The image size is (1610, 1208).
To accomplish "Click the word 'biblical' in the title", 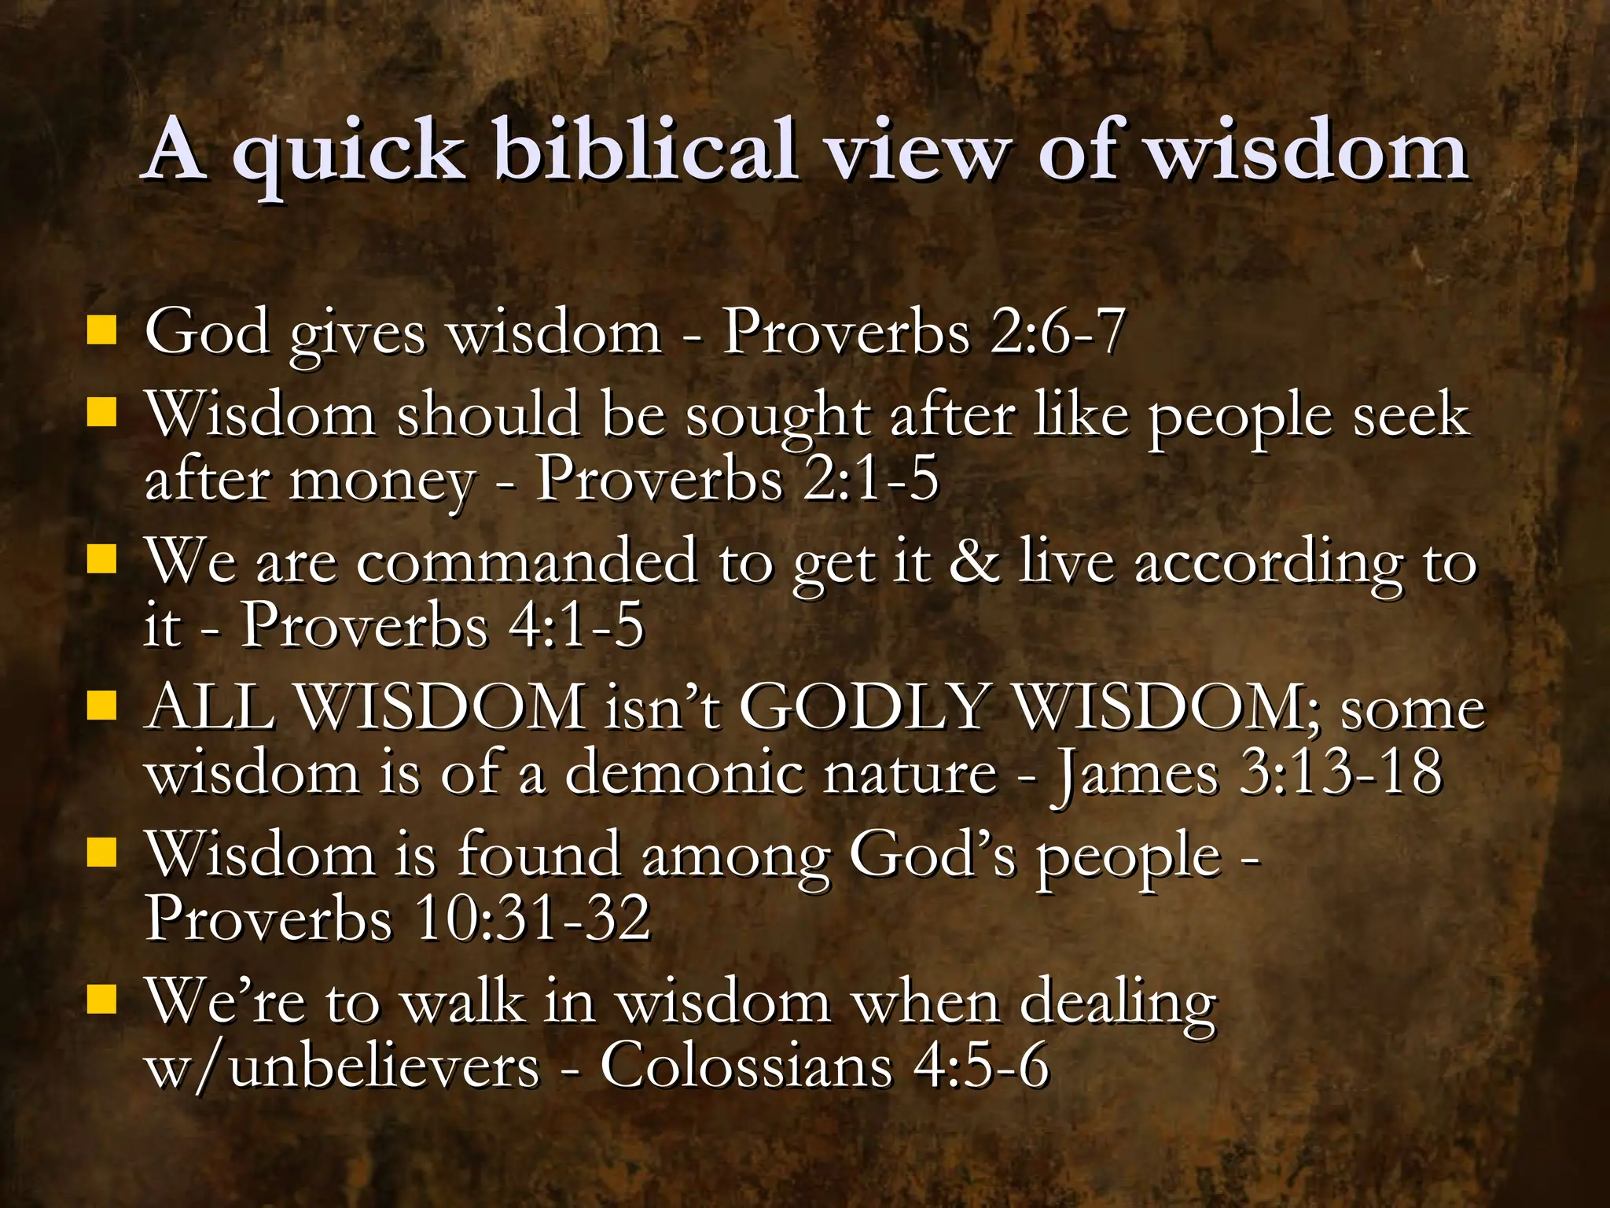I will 645,149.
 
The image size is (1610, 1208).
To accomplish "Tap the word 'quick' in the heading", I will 346,153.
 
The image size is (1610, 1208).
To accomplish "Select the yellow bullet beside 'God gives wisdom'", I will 101,330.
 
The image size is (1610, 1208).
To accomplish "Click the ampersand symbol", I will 975,562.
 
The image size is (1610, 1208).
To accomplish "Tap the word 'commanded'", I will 527,562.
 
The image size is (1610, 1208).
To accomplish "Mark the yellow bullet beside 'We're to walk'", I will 101,1000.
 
